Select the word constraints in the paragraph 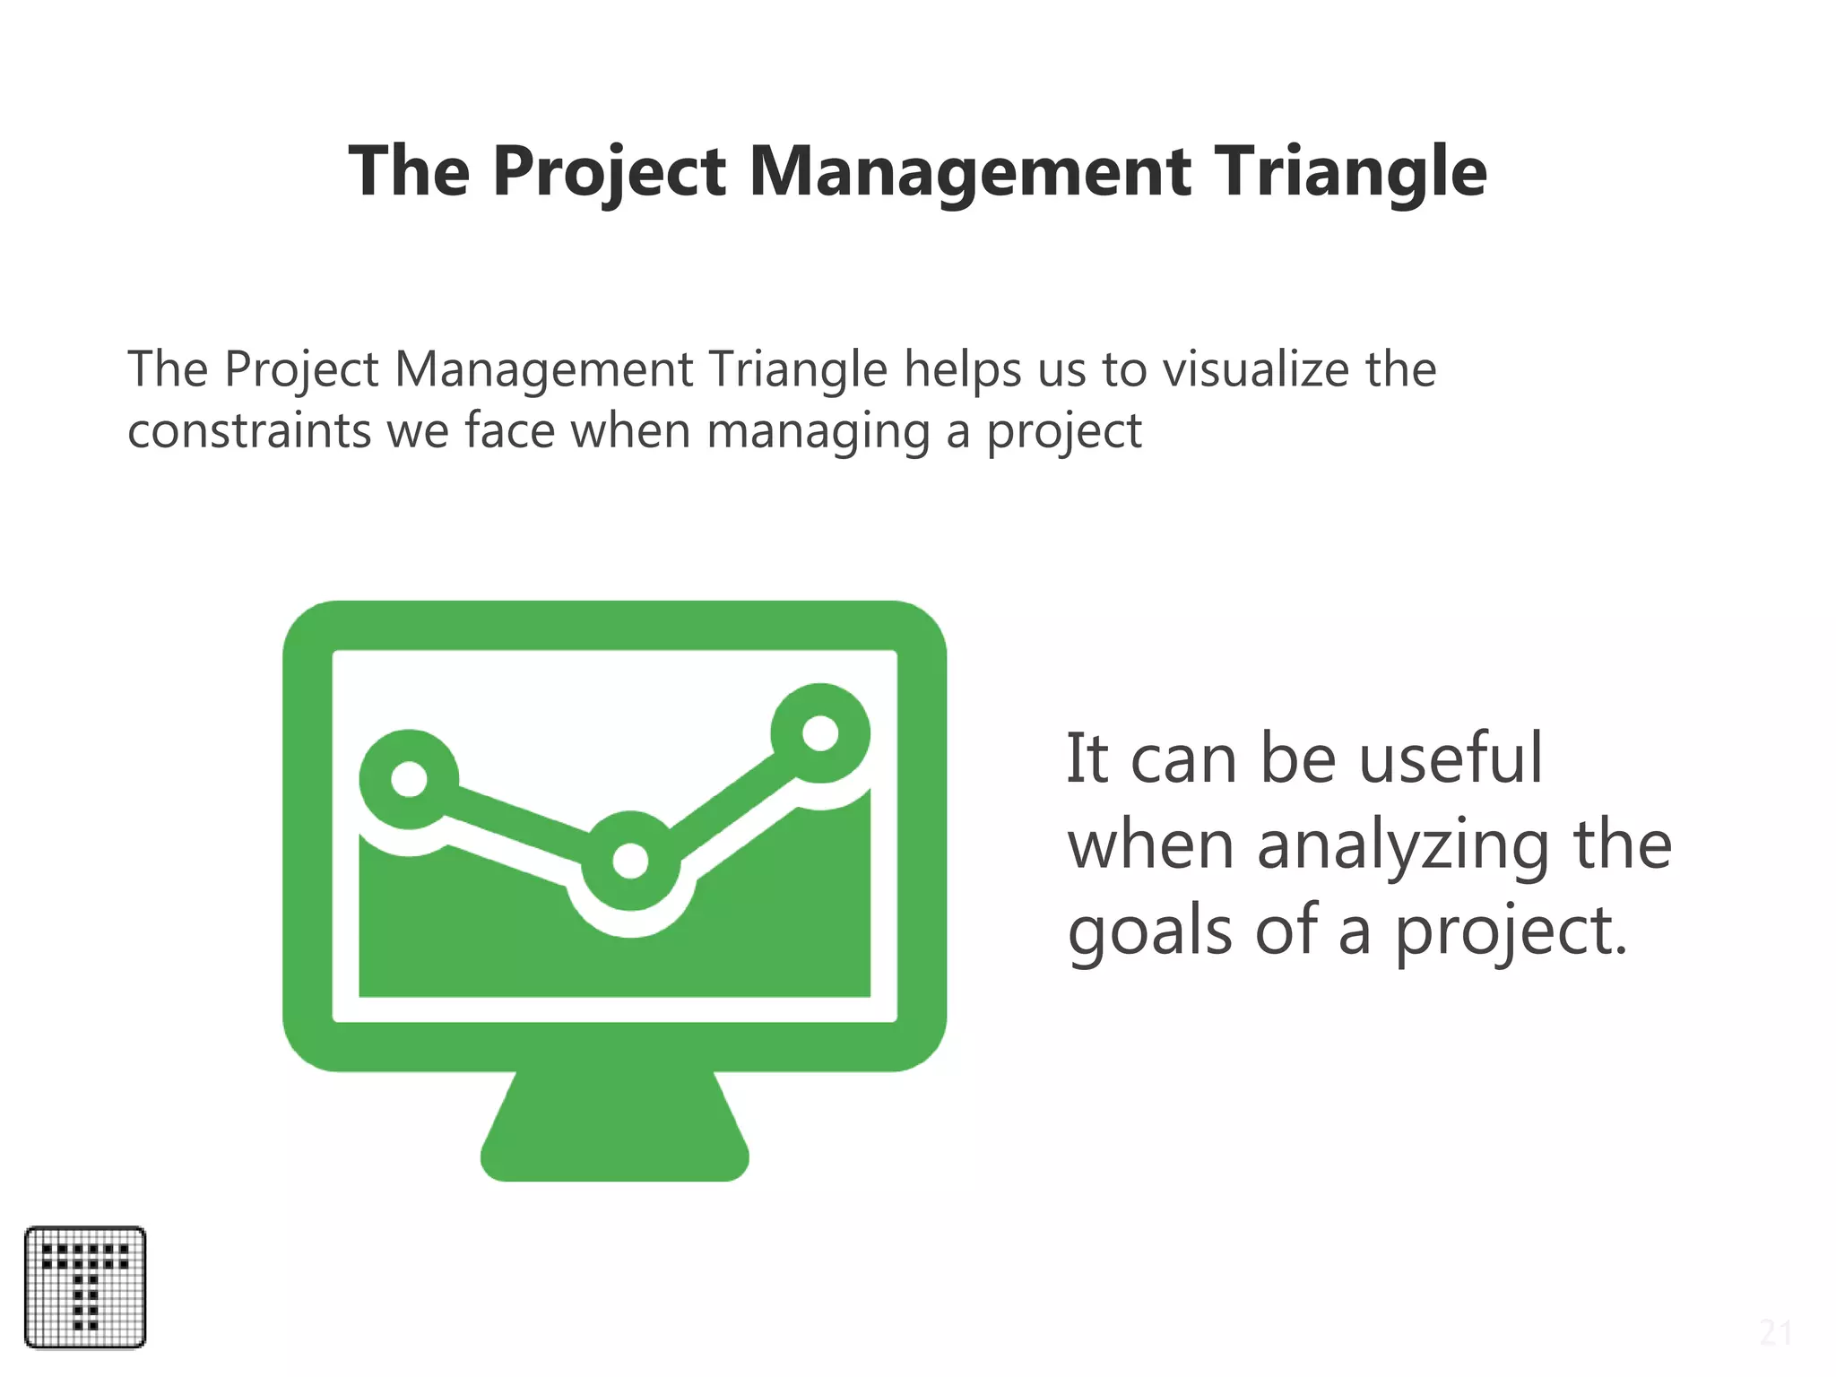249,431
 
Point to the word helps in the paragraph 962,369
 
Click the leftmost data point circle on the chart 409,779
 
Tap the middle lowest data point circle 630,861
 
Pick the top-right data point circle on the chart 819,733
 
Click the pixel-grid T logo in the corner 85,1287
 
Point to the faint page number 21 1774,1333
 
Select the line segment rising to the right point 726,797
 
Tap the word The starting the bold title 409,172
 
